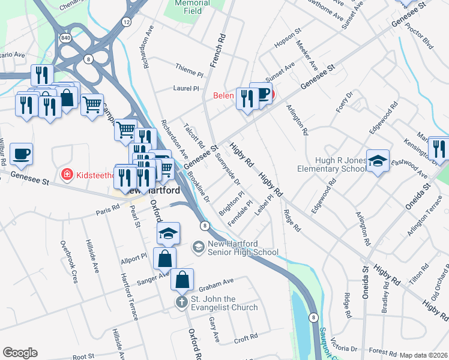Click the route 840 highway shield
(64, 38)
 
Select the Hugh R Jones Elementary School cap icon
(378, 161)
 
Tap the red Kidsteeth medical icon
(67, 175)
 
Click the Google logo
(20, 353)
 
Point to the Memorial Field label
(191, 7)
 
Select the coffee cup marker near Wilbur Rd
(21, 154)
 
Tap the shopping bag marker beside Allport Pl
(165, 259)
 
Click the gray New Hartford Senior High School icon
(198, 247)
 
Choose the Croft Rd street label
(246, 339)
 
